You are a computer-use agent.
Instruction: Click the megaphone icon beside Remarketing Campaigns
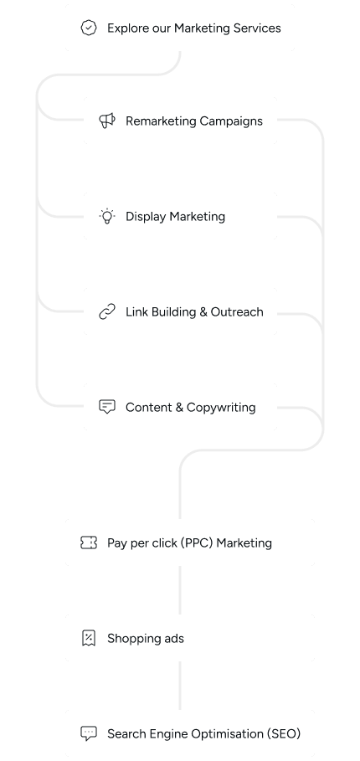coord(107,121)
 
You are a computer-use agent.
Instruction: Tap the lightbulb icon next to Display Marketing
coord(107,217)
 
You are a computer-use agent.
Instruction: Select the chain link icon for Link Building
coord(107,312)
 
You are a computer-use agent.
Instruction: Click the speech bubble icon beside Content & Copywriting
coord(107,408)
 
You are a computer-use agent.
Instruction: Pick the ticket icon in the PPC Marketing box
coord(89,543)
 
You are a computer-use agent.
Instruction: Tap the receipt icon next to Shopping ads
coord(89,639)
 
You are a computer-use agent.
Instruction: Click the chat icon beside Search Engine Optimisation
coord(89,734)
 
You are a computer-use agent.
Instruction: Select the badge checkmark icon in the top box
coord(89,28)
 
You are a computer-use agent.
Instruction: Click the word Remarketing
coord(160,121)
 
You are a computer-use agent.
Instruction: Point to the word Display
coord(145,217)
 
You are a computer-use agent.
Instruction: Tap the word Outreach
coord(238,312)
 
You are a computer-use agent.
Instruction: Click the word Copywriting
coord(221,408)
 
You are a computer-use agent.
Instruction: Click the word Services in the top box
coord(257,28)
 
